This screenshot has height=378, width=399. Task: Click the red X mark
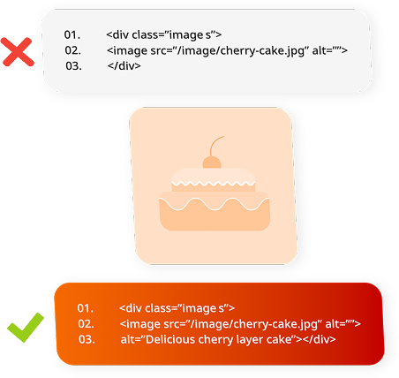coord(18,52)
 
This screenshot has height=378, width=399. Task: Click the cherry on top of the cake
coord(212,163)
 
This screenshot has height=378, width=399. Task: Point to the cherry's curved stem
coord(215,144)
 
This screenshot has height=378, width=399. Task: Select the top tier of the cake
coord(214,180)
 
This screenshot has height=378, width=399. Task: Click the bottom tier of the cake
coord(215,211)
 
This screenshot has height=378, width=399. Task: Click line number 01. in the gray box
coord(72,34)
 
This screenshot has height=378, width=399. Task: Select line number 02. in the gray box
coord(73,50)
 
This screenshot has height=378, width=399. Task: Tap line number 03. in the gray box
coord(73,66)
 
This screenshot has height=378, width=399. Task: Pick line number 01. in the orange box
coord(86,308)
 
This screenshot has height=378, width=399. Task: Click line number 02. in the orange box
coord(87,323)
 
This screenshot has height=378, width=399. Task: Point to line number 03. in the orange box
coord(87,339)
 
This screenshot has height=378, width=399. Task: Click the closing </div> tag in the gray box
coord(124,65)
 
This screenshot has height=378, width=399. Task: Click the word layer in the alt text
coord(248,340)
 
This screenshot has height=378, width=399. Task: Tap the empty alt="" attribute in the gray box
coord(330,50)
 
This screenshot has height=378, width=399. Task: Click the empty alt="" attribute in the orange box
coord(343,323)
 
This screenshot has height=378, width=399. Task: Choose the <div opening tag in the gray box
coord(117,34)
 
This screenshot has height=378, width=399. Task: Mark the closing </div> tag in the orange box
coord(320,339)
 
